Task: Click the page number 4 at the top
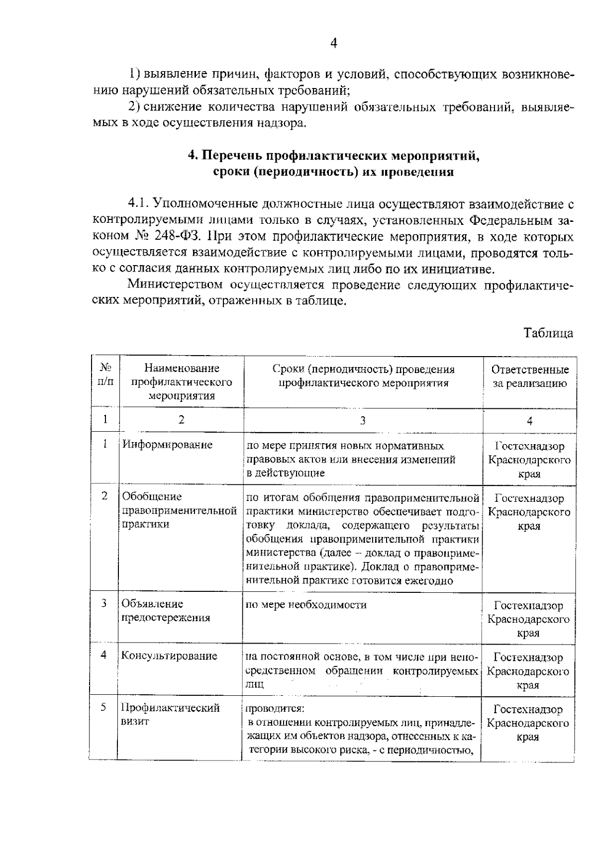(334, 44)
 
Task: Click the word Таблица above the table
(548, 333)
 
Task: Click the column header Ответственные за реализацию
(530, 376)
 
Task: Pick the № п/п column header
(105, 375)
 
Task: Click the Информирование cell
(168, 445)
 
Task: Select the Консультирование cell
(170, 656)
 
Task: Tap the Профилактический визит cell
(171, 714)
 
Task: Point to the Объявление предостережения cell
(166, 611)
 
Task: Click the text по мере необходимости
(306, 604)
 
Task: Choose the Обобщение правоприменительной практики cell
(179, 510)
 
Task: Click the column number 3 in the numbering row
(363, 420)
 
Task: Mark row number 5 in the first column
(103, 707)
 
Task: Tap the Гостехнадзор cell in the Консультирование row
(528, 671)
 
